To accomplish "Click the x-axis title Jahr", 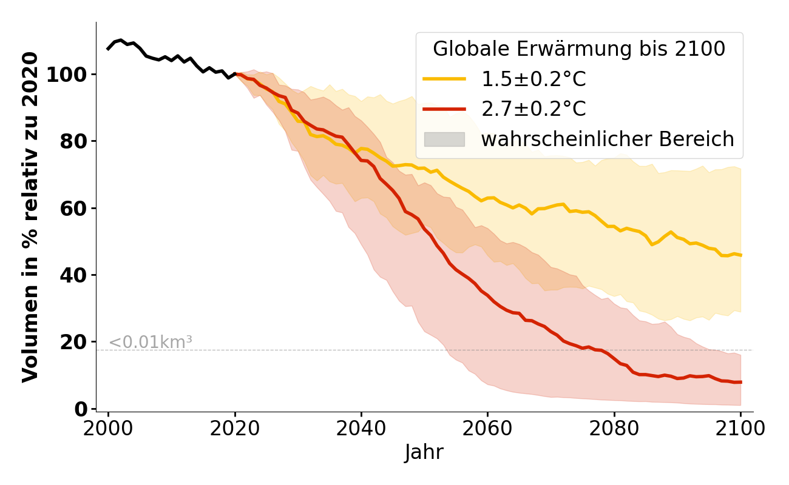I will (424, 452).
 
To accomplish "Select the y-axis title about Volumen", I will (30, 217).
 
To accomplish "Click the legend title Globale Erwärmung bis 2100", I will (579, 49).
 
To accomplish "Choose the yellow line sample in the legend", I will (444, 79).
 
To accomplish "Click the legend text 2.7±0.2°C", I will (533, 109).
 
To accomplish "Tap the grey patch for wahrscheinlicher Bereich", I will (444, 139).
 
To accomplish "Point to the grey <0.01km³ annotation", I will (150, 343).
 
